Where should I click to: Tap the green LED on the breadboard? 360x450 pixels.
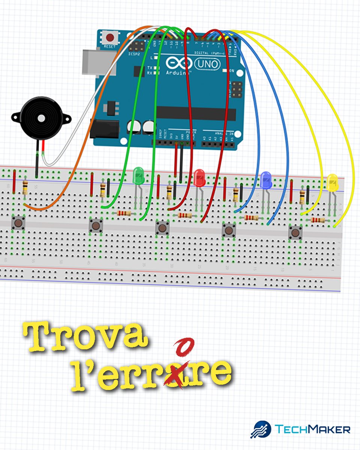[138, 175]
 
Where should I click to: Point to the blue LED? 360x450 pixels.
[265, 180]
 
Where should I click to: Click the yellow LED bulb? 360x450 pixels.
[332, 182]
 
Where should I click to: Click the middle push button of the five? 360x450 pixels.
[162, 227]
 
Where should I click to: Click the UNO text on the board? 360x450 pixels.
[212, 64]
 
